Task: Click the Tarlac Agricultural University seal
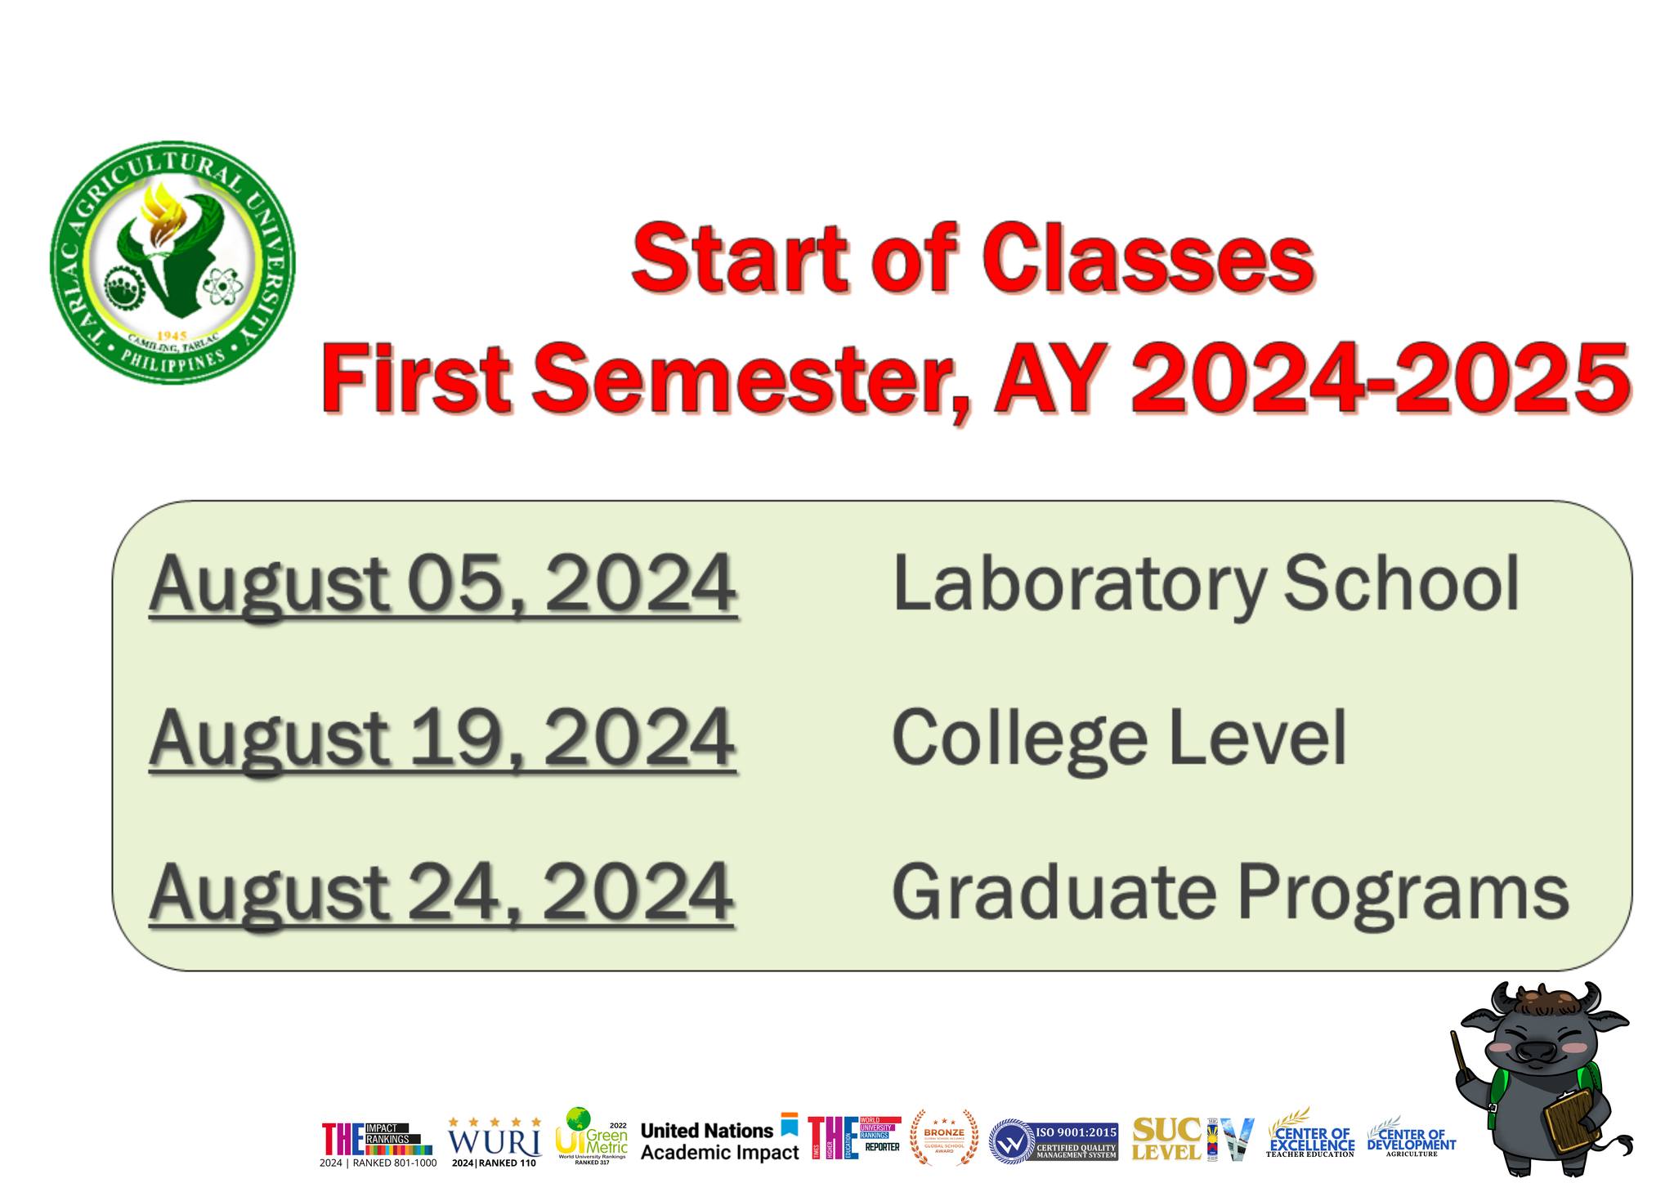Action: pos(172,263)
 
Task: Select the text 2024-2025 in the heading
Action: pos(1380,377)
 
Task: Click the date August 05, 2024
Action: pos(442,583)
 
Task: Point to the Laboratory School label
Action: pos(1205,583)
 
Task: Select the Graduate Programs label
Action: pos(1229,892)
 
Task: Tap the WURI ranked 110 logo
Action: pos(495,1141)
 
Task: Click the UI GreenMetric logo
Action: pos(591,1136)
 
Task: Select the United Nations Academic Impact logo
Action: pos(719,1139)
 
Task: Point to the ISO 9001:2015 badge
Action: pos(1053,1141)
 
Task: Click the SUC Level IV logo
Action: pos(1192,1140)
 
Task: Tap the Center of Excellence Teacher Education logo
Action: pos(1310,1136)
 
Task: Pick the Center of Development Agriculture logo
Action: pos(1411,1137)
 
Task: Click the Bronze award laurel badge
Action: pos(944,1136)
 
